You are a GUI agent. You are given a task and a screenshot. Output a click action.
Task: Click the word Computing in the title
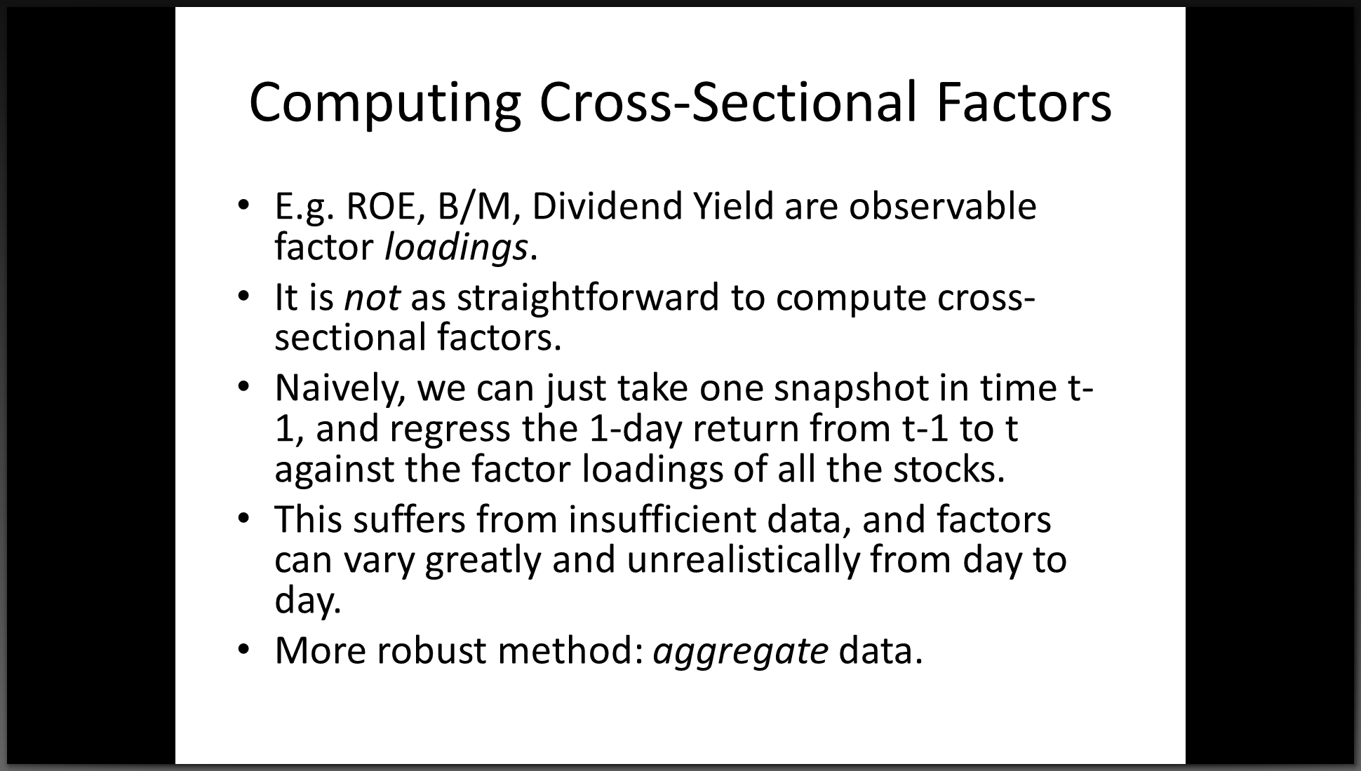(385, 104)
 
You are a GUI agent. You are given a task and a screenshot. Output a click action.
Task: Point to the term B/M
(479, 207)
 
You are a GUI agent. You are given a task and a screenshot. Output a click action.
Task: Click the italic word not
(373, 298)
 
